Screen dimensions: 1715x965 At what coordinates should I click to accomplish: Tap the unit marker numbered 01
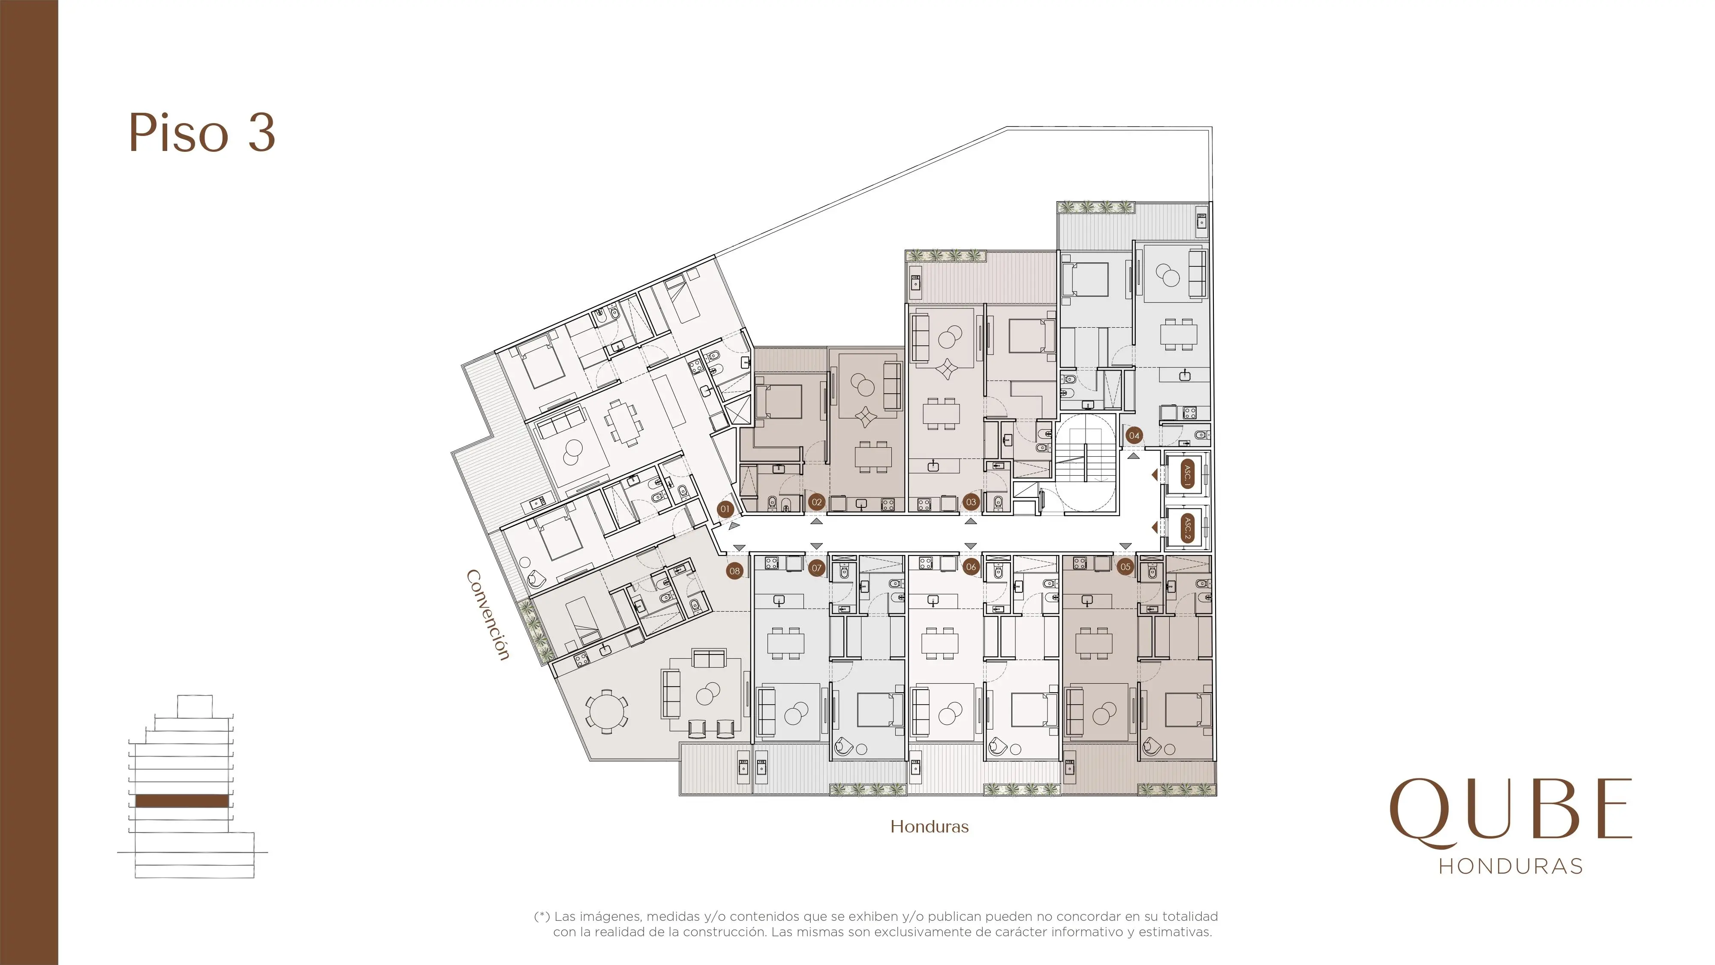(x=725, y=509)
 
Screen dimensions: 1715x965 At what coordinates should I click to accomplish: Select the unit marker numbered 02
(x=817, y=502)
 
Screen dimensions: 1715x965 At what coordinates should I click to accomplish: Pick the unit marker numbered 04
(x=1134, y=436)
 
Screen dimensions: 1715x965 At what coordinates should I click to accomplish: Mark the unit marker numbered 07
(x=817, y=568)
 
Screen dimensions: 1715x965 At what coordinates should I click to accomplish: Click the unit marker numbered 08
(x=734, y=571)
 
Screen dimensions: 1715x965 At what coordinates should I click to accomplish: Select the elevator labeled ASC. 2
(x=1186, y=528)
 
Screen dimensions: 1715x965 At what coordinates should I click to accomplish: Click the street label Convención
(x=488, y=615)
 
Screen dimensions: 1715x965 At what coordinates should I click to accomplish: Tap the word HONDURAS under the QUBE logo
(x=1510, y=866)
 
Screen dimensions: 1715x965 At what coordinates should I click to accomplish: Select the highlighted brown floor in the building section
(x=182, y=800)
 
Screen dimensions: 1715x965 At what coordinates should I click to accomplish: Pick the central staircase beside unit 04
(x=1085, y=464)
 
